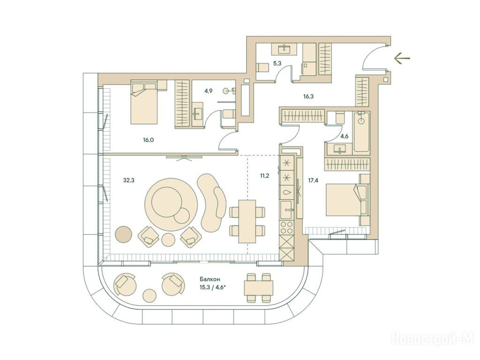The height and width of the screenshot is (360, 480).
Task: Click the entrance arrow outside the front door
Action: (402, 58)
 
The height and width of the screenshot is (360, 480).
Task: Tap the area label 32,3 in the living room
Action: (129, 180)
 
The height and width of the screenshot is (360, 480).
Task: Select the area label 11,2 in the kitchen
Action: (264, 176)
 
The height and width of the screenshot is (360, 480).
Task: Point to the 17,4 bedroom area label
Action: (313, 180)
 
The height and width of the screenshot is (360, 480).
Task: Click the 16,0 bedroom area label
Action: (148, 140)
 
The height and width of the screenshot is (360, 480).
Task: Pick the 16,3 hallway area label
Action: (308, 97)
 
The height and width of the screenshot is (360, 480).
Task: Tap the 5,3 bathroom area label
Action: (277, 64)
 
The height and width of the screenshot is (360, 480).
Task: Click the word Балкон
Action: (210, 279)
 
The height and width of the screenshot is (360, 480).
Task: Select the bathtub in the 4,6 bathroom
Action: (361, 133)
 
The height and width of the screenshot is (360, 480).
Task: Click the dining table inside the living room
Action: (247, 221)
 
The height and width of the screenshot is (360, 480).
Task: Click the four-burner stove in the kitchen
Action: (287, 227)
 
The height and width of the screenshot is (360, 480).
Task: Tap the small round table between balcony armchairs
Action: (150, 296)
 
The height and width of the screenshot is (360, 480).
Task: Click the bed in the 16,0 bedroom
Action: (144, 102)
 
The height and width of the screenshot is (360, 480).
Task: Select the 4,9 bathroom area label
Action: (209, 90)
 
